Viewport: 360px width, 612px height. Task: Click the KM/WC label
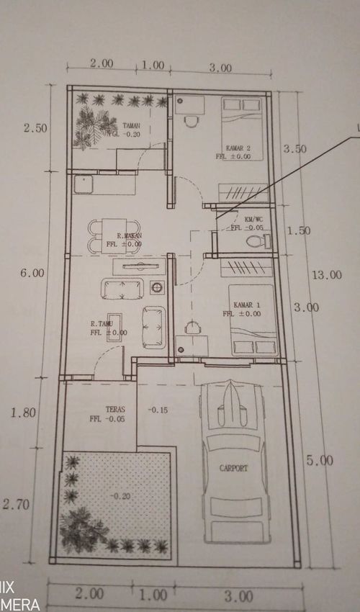coord(253,219)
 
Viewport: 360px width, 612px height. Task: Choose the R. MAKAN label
coord(130,235)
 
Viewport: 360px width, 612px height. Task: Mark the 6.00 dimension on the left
coord(33,273)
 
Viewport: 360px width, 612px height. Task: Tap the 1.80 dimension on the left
coord(24,413)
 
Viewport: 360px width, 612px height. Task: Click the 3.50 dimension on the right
coord(296,149)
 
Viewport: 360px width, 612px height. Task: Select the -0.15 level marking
coord(157,410)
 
